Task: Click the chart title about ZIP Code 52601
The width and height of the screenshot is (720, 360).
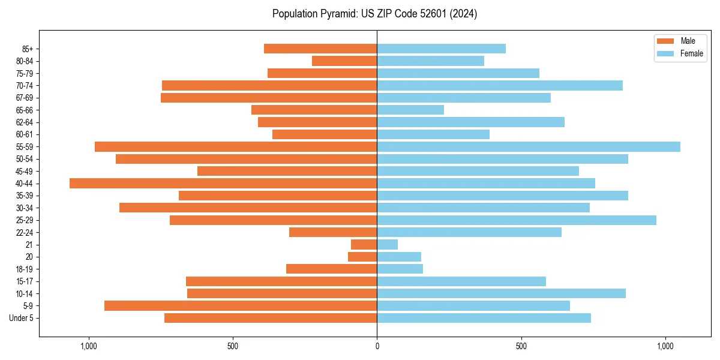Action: pyautogui.click(x=374, y=14)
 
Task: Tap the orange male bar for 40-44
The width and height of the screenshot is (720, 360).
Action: pyautogui.click(x=223, y=183)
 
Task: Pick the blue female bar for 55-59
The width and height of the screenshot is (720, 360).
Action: pyautogui.click(x=529, y=146)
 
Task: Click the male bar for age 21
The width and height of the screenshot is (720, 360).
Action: pyautogui.click(x=364, y=244)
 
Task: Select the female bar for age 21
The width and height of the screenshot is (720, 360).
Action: pyautogui.click(x=388, y=244)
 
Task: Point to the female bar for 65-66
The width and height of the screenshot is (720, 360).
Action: pyautogui.click(x=410, y=110)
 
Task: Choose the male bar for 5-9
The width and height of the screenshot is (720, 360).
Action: pyautogui.click(x=241, y=305)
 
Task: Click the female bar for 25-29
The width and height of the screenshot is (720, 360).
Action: pyautogui.click(x=517, y=220)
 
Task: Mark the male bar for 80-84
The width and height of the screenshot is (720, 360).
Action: pyautogui.click(x=344, y=61)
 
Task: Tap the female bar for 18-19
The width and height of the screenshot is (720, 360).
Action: pyautogui.click(x=400, y=269)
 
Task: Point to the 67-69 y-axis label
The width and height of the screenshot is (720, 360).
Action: pyautogui.click(x=25, y=98)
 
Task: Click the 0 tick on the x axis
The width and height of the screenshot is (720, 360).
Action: pyautogui.click(x=377, y=346)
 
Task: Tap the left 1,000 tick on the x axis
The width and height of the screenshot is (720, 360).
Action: pyautogui.click(x=89, y=346)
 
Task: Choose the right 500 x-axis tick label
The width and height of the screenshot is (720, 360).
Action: pyautogui.click(x=521, y=346)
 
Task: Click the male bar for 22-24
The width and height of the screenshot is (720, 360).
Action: pyautogui.click(x=333, y=232)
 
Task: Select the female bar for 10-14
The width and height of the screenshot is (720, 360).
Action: pyautogui.click(x=501, y=293)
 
